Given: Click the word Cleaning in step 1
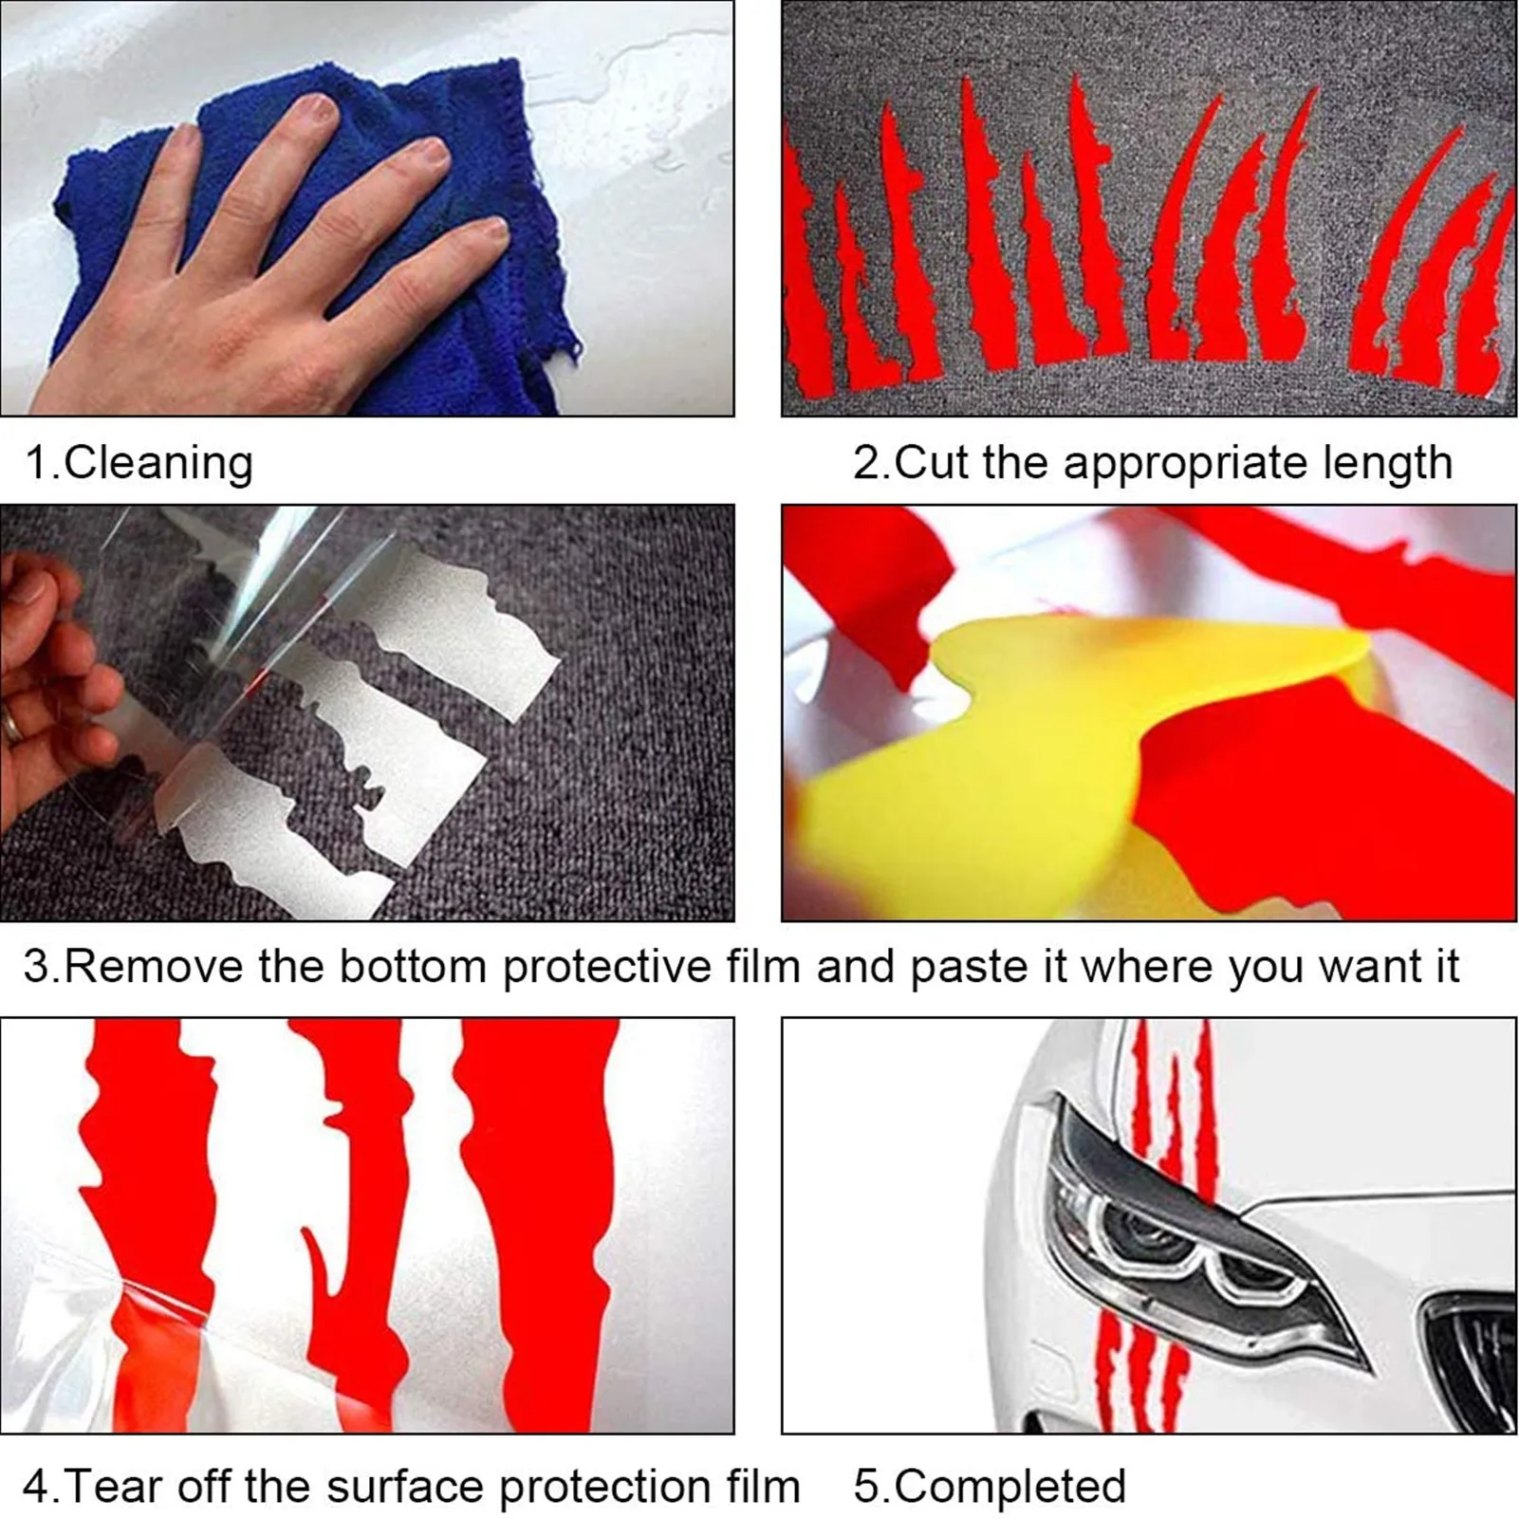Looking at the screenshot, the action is click(158, 464).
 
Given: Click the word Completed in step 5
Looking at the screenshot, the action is click(1010, 1486).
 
